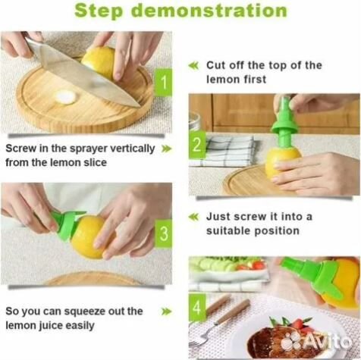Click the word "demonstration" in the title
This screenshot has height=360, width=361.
[210, 11]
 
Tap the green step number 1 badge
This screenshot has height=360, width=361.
[164, 82]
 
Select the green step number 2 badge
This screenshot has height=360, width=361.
[197, 145]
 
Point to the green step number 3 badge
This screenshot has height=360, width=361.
[164, 233]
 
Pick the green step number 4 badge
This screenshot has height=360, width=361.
[197, 308]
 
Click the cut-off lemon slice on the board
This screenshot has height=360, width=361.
[65, 97]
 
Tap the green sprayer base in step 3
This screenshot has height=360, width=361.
[67, 225]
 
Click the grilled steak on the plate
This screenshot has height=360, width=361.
[278, 341]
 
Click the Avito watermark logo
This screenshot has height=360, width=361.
[316, 341]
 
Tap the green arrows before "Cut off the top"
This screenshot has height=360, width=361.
[193, 66]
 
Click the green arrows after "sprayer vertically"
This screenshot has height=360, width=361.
[166, 149]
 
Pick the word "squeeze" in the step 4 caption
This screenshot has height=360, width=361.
[85, 312]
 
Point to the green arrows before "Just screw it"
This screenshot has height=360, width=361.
[193, 217]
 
